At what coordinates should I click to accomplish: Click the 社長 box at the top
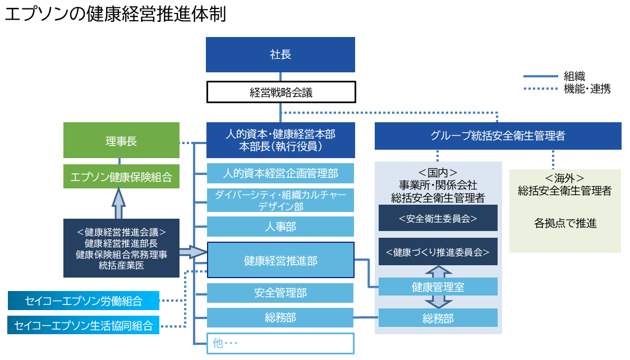pos(280,54)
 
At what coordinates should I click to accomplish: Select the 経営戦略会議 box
pos(280,93)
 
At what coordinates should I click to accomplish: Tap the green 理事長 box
pos(121,141)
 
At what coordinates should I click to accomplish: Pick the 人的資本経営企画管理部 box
pos(280,173)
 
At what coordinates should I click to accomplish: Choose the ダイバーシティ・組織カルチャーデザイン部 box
pos(280,200)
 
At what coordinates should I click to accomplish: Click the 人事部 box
pos(280,227)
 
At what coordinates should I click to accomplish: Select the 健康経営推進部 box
pos(280,260)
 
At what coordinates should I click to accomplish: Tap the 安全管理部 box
pos(280,293)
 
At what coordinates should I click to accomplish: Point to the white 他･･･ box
pos(280,343)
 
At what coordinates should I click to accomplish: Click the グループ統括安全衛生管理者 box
pos(498,136)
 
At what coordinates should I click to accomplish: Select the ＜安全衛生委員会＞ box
pos(438,218)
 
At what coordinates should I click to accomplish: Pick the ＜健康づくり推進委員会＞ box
pos(438,252)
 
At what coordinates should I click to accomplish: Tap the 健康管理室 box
pos(438,287)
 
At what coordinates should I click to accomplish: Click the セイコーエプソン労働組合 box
pos(84,301)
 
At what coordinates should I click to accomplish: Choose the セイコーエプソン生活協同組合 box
pos(84,325)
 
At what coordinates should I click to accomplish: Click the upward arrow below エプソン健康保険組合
pos(118,204)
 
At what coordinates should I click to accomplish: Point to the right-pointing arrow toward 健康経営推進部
pos(194,252)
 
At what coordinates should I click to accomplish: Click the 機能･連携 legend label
pos(587,89)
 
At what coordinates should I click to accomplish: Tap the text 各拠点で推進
pos(565,224)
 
